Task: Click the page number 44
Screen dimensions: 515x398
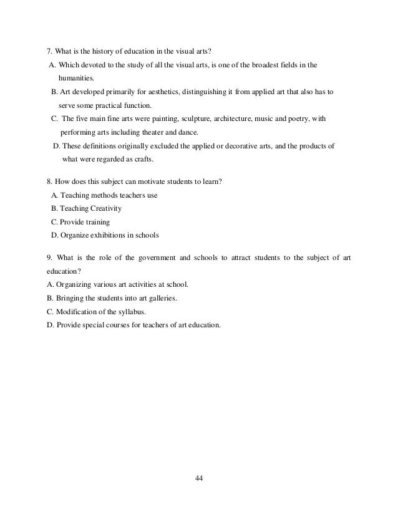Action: pos(200,479)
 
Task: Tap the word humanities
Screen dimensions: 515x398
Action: pos(77,78)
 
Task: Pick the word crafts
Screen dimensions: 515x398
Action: pos(143,159)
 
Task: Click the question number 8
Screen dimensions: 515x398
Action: pos(49,181)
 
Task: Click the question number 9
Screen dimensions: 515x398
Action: pos(49,258)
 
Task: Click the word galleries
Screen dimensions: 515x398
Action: pos(161,298)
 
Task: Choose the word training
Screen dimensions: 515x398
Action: pos(96,222)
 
